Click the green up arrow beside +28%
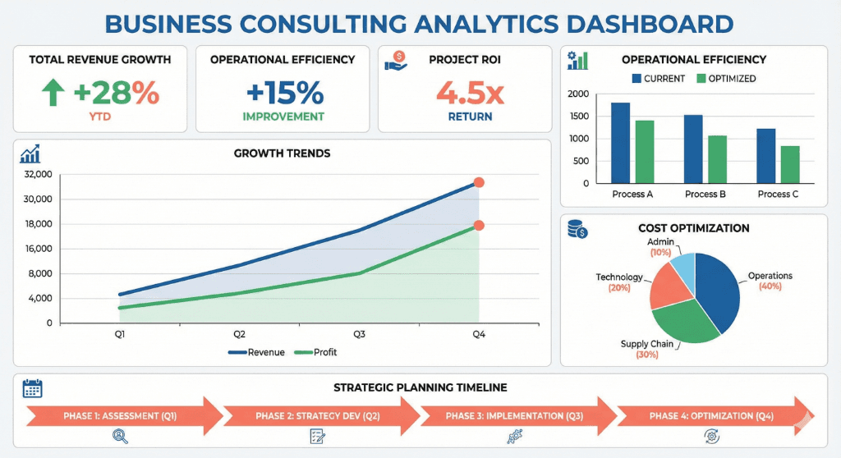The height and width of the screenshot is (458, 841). click(x=53, y=94)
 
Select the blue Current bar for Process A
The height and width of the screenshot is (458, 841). click(x=620, y=143)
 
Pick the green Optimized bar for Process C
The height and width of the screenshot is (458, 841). click(x=790, y=164)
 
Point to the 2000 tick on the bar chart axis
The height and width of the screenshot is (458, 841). click(x=579, y=94)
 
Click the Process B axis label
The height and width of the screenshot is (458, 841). click(x=705, y=195)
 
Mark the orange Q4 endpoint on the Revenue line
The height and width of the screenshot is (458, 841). click(x=479, y=183)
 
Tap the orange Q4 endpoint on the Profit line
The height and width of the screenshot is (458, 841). click(x=479, y=226)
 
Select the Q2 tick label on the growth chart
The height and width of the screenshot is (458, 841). click(x=239, y=334)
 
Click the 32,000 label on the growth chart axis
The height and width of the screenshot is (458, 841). click(x=39, y=174)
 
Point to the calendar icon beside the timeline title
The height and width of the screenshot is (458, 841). click(x=33, y=388)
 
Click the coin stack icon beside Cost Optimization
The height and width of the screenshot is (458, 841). click(x=578, y=229)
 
